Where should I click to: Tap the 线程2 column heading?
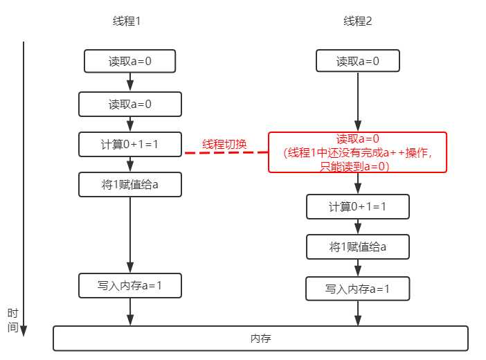point(358,21)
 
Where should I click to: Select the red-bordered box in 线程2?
point(358,152)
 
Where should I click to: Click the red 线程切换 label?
point(224,145)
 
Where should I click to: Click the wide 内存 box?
point(260,339)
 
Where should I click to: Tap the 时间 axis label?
point(12,320)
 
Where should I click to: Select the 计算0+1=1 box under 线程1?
point(130,145)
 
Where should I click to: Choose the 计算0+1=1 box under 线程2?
point(358,207)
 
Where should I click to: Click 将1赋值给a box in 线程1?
point(130,185)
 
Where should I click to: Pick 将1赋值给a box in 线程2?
point(358,247)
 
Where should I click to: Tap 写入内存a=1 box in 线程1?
point(130,285)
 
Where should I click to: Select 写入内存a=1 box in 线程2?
point(358,289)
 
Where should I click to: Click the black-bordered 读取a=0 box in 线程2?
point(358,61)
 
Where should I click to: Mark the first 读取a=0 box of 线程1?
point(130,61)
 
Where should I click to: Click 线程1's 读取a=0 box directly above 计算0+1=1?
point(130,105)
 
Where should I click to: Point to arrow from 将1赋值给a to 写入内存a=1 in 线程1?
point(130,235)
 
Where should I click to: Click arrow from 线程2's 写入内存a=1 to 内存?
point(358,313)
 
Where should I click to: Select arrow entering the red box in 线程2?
point(358,104)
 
